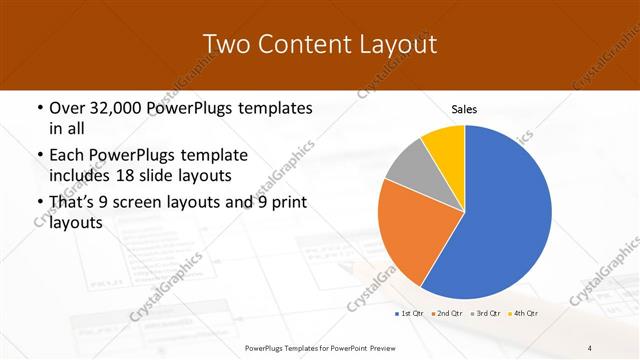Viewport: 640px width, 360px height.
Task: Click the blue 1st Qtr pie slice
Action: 500,220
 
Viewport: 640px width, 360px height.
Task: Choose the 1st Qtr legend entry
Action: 407,314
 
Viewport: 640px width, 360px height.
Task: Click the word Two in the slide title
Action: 225,44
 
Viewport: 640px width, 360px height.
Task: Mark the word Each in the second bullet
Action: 67,155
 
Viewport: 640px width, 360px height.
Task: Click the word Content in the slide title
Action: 301,44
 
